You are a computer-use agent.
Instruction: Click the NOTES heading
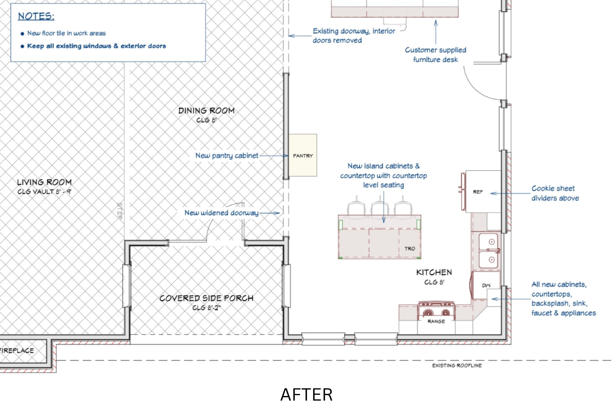coord(36,16)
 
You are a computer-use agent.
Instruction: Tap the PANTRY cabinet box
coord(303,155)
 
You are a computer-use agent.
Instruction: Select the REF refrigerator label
coord(478,192)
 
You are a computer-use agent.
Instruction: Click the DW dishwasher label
coord(486,285)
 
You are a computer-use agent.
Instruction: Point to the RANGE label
coord(436,321)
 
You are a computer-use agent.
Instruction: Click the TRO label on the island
coord(410,249)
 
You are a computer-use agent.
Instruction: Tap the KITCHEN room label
coord(434,272)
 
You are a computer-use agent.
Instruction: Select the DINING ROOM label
coord(206,111)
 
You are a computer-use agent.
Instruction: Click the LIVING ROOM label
coord(44,182)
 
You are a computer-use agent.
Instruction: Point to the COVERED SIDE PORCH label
coord(206,298)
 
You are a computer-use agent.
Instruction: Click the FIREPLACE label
coord(17,350)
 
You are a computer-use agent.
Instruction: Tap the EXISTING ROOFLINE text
coord(457,366)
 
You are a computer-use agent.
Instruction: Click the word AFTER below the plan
coord(306,395)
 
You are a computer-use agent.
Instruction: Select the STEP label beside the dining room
coord(120,211)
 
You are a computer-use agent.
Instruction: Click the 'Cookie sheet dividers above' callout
coord(555,193)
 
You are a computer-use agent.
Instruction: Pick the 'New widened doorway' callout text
coord(221,213)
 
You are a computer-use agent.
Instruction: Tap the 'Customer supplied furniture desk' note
coord(436,55)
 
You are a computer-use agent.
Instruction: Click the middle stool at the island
coord(380,206)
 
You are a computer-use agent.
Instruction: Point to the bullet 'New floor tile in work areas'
coord(67,33)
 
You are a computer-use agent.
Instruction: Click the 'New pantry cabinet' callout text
coord(227,156)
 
